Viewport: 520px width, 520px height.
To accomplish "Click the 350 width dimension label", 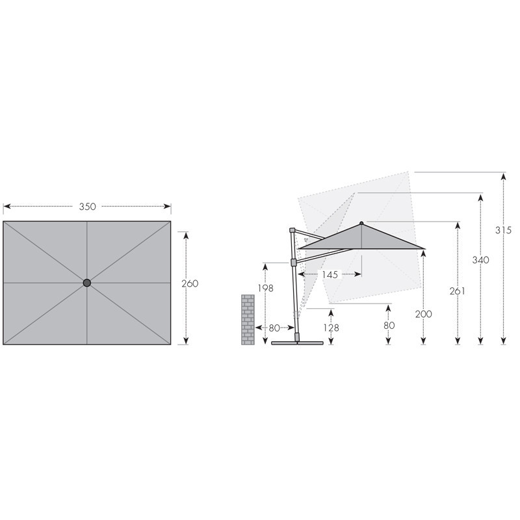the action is click(x=88, y=207).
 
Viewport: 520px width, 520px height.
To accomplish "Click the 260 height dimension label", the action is click(x=190, y=283).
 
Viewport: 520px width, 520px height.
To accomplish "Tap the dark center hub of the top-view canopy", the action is click(x=87, y=283).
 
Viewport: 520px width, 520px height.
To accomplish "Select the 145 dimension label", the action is click(x=330, y=274).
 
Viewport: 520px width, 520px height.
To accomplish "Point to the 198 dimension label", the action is click(x=266, y=288).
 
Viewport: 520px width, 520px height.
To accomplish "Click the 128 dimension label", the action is click(x=331, y=328).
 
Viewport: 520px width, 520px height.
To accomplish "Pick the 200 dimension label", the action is click(x=424, y=314).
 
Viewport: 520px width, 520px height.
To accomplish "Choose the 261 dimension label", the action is click(x=458, y=291).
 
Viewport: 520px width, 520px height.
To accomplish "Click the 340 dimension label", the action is click(x=480, y=259).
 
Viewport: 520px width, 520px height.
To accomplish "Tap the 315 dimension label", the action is click(x=503, y=230).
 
